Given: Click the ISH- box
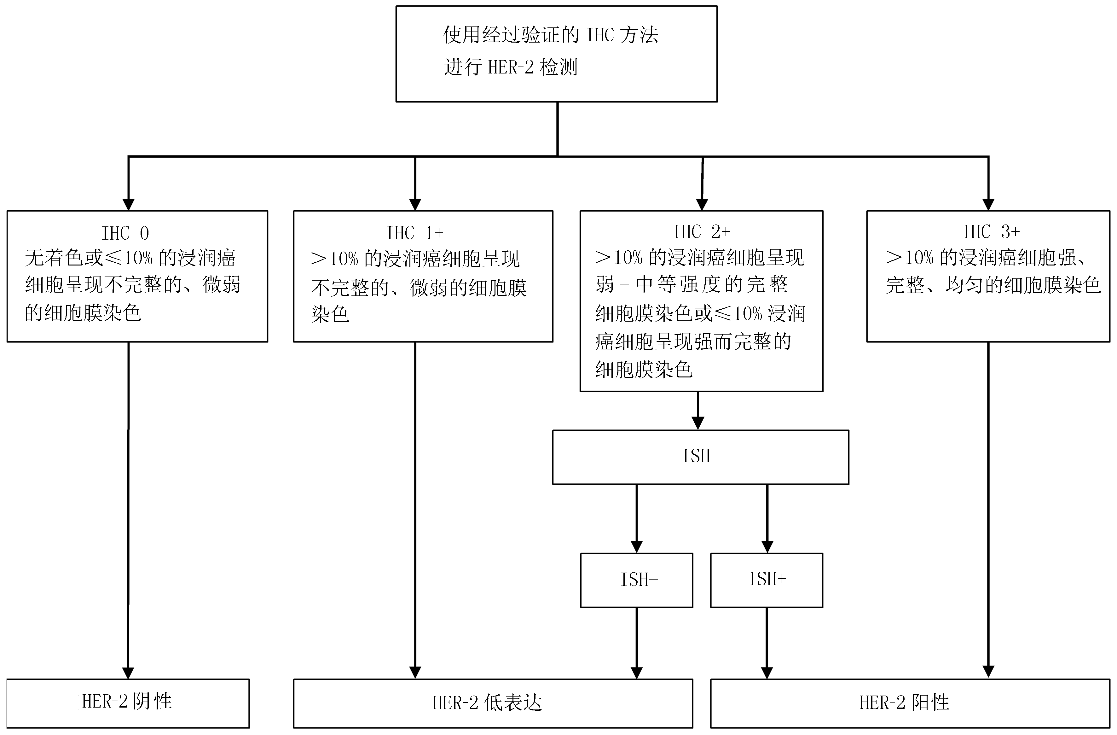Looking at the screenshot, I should [636, 580].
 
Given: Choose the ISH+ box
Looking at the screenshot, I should [767, 580].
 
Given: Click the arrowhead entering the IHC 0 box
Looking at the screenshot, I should [128, 205].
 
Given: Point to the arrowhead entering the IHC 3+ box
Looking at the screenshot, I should [988, 205].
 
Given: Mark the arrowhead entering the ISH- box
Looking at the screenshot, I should [636, 547].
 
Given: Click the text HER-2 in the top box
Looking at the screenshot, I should [511, 67].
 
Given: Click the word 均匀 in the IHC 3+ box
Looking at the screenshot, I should [964, 285].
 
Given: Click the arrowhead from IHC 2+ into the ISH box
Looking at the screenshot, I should [698, 423].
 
